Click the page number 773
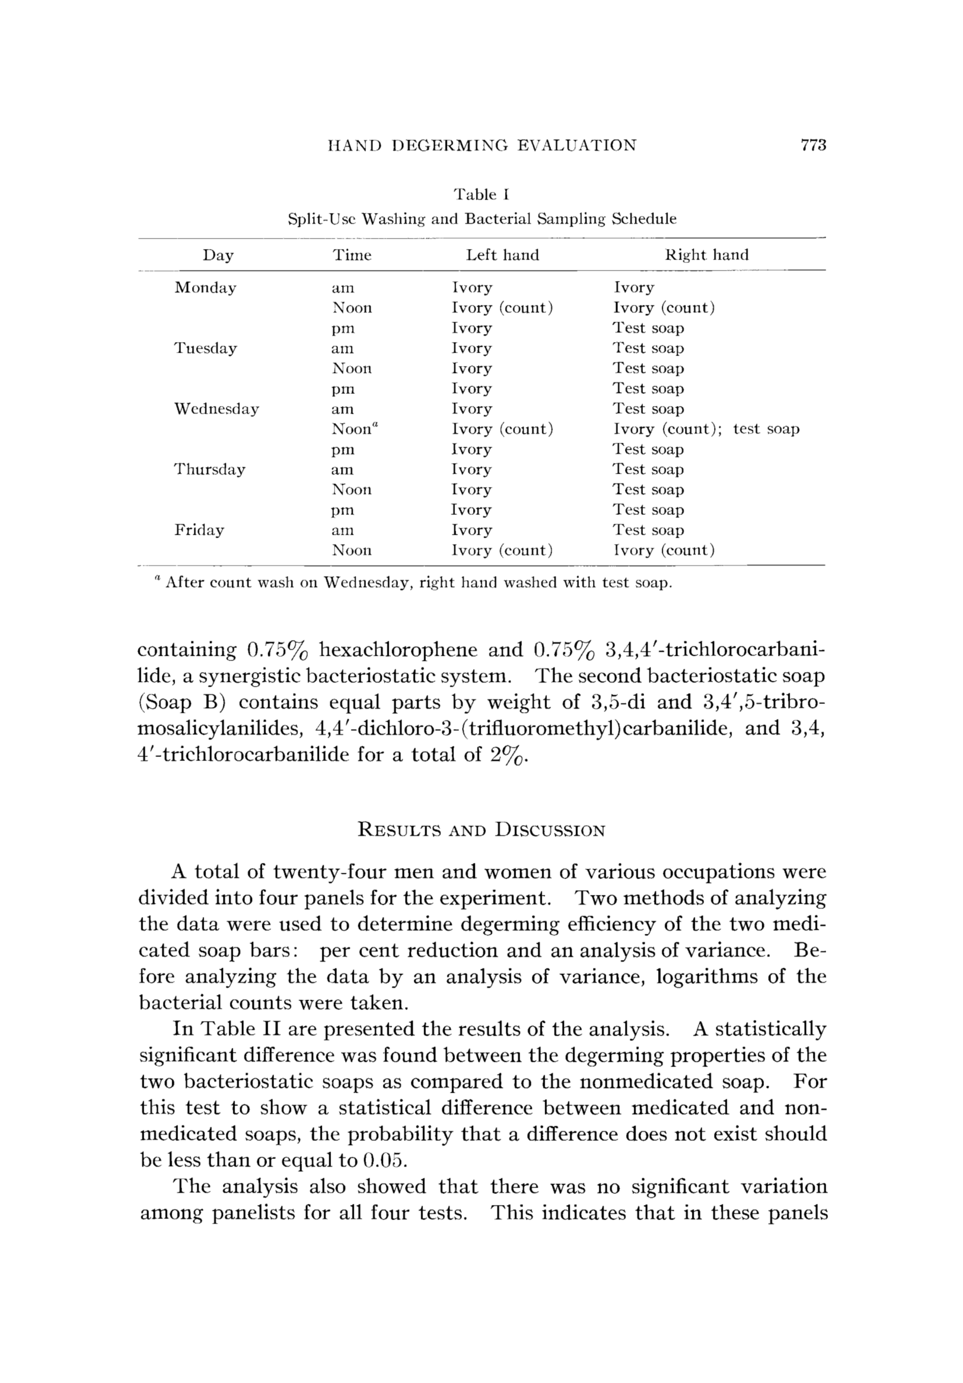pyautogui.click(x=813, y=145)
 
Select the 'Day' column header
pyautogui.click(x=218, y=255)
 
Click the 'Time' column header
pyautogui.click(x=352, y=255)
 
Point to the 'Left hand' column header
pyautogui.click(x=502, y=255)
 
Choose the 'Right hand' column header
pyautogui.click(x=706, y=255)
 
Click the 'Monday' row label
pyautogui.click(x=205, y=288)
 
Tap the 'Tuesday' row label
pyautogui.click(x=205, y=349)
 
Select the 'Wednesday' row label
pyautogui.click(x=216, y=409)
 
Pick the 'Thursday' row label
pyautogui.click(x=209, y=470)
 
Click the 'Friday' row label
pyautogui.click(x=200, y=531)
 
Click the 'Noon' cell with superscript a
pyautogui.click(x=355, y=429)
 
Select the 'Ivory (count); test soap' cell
pyautogui.click(x=706, y=429)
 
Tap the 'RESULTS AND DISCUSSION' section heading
pyautogui.click(x=481, y=831)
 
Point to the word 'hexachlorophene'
pyautogui.click(x=398, y=650)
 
